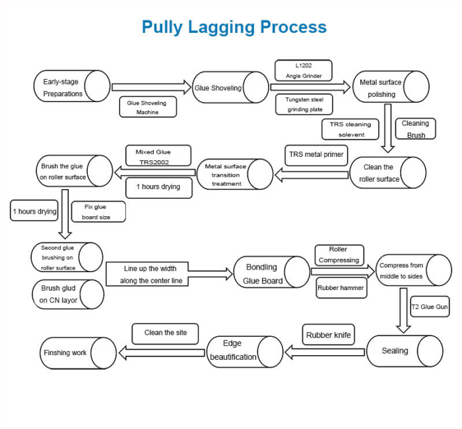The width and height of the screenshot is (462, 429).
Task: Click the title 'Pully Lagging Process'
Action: click(x=234, y=27)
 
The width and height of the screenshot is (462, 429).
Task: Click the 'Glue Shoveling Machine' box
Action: click(x=148, y=107)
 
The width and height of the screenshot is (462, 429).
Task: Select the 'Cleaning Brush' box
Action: click(x=414, y=129)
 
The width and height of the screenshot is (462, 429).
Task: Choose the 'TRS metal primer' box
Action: click(x=315, y=155)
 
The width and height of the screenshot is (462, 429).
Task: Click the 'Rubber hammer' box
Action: click(x=341, y=287)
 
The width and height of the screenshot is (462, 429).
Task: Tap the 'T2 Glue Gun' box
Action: click(x=430, y=307)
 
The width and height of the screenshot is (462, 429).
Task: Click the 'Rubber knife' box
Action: click(x=328, y=335)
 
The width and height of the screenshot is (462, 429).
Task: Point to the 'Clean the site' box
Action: click(x=165, y=333)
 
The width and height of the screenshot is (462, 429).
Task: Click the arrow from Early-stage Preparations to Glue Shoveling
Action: click(x=151, y=87)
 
